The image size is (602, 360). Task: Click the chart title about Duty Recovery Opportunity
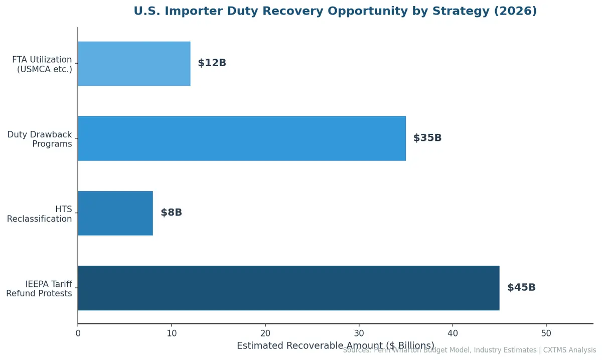coord(335,11)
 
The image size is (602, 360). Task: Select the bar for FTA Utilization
coord(134,63)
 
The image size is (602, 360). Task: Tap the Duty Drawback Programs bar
coord(241,138)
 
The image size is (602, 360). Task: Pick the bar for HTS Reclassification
coord(115,213)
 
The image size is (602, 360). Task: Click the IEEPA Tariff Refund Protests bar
coord(288,288)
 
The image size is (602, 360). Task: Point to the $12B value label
coord(212,63)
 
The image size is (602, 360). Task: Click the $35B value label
coord(427,138)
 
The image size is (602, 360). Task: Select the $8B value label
coord(171,213)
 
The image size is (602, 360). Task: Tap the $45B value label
coord(521,288)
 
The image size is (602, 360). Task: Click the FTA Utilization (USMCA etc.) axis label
coord(42,65)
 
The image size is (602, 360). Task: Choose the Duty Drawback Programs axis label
coord(40,139)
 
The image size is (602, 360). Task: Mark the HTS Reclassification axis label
coord(40,214)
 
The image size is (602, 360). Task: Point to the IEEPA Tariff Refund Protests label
coord(40,289)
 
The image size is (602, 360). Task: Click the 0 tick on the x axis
coord(78,333)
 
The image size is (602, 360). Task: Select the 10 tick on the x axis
coord(172,333)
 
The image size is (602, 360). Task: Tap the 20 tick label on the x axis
coord(265,333)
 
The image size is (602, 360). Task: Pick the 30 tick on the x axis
coord(359,333)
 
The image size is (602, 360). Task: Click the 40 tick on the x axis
coord(453,333)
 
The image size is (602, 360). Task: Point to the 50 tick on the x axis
coord(546,333)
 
